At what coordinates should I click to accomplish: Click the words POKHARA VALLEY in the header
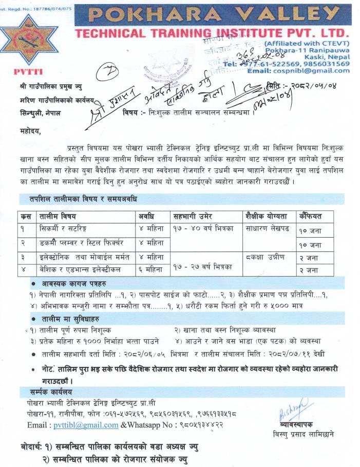point(212,16)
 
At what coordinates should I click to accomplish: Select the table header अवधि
point(147,216)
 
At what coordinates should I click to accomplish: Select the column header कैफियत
point(311,216)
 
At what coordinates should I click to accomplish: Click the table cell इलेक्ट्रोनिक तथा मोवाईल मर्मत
point(80,257)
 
